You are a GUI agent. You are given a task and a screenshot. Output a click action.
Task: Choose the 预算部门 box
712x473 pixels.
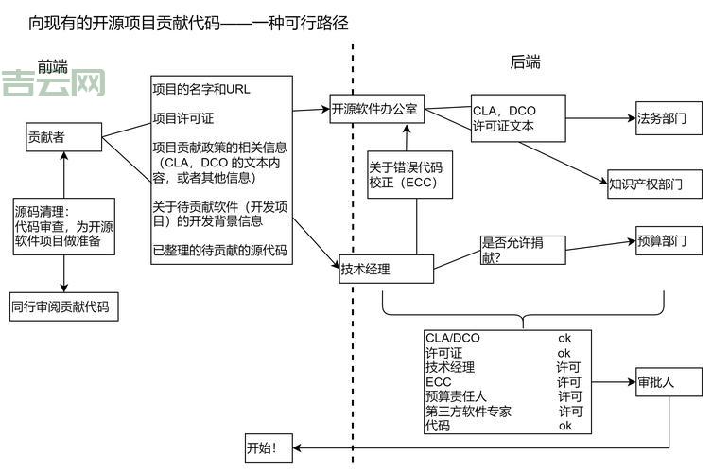click(x=668, y=240)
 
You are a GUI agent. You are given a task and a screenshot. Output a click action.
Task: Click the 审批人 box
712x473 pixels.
click(x=668, y=382)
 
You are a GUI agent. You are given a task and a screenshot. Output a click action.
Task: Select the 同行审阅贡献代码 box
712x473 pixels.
click(x=64, y=307)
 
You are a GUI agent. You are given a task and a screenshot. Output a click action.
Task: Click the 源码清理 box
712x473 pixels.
click(x=63, y=226)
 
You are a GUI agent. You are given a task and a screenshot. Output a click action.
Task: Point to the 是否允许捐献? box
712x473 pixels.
click(x=523, y=249)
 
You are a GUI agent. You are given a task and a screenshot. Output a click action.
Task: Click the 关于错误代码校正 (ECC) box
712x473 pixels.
click(x=405, y=174)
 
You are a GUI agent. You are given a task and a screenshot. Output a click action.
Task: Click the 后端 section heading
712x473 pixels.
click(x=526, y=62)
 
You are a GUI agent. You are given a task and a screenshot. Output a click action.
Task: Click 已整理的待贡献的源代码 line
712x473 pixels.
click(x=219, y=251)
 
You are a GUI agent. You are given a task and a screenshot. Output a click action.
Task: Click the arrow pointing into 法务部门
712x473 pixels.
click(x=624, y=119)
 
